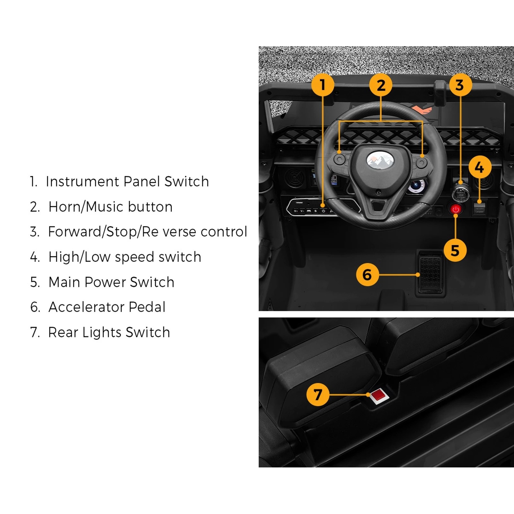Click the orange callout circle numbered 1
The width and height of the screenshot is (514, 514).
point(323,85)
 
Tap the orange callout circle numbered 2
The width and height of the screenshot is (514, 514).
point(381,85)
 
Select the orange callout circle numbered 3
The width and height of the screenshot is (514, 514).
point(460,85)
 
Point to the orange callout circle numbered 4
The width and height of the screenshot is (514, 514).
point(480,167)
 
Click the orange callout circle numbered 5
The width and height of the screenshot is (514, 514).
point(455,250)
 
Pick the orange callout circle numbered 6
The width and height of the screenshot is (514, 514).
point(368,274)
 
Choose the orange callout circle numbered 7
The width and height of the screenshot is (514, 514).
point(318,394)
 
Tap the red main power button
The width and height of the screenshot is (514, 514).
point(456,209)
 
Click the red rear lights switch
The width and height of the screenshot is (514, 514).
point(379,395)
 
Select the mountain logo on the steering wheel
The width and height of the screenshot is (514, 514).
point(380,160)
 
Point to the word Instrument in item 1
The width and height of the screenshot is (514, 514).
point(82,182)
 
